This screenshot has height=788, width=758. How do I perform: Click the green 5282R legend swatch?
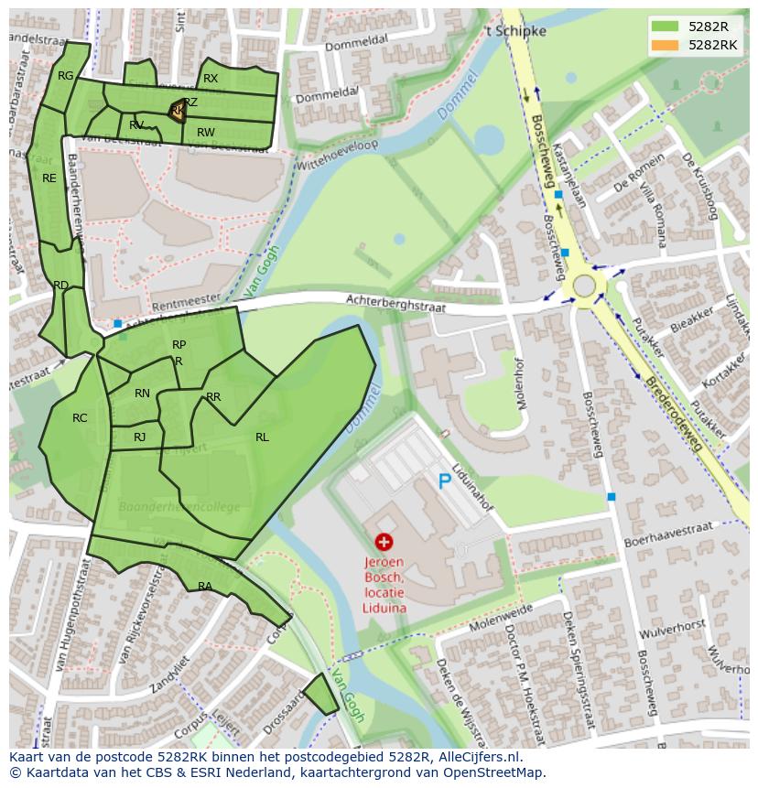tap(666, 27)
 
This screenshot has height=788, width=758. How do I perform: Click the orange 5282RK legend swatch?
tap(666, 45)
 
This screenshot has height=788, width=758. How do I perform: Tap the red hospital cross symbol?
tap(384, 543)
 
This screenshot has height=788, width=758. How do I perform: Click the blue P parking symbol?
tap(444, 481)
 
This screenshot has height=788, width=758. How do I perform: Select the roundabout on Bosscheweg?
tap(584, 285)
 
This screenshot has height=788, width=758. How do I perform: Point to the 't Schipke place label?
tap(515, 31)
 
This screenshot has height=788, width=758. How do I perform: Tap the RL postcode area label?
tap(262, 437)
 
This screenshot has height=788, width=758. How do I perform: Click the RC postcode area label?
tap(80, 418)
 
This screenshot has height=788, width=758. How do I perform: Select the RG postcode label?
tap(65, 76)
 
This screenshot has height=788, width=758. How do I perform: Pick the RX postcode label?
tap(211, 79)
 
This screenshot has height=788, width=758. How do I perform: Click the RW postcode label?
tap(206, 133)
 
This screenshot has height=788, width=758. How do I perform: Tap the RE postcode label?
tap(49, 178)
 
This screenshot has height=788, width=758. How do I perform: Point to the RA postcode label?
tap(205, 586)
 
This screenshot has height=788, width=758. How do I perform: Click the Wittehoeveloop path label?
tap(336, 153)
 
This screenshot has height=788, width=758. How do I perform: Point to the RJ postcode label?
tap(139, 437)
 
